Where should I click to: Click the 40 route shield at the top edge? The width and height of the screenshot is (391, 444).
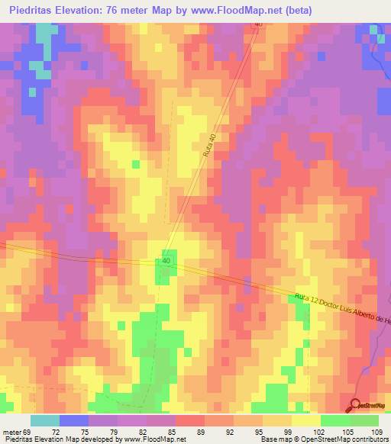click(258, 24)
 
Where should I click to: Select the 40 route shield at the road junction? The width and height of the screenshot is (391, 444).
click(166, 262)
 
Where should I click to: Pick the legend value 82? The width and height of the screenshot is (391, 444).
click(133, 433)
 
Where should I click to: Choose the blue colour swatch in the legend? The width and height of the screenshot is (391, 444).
click(73, 420)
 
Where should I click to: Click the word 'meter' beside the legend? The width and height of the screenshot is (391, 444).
click(13, 433)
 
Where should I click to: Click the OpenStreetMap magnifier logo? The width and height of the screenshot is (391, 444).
click(356, 406)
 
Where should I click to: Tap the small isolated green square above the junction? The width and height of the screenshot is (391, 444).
click(137, 164)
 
